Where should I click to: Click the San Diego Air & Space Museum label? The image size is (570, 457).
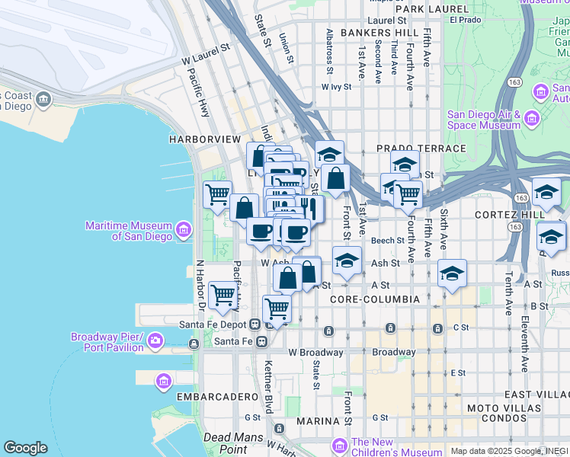coord(483,119)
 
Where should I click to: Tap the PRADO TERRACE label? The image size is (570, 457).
coord(421,149)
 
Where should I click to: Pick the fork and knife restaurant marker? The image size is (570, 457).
coord(309,209)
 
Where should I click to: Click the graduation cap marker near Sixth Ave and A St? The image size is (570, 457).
coord(452,274)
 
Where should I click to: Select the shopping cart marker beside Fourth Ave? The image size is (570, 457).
coord(408,194)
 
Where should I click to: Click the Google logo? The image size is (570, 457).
coord(25,448)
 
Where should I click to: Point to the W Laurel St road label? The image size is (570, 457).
coord(206,54)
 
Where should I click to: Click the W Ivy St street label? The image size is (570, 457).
coord(336,87)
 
